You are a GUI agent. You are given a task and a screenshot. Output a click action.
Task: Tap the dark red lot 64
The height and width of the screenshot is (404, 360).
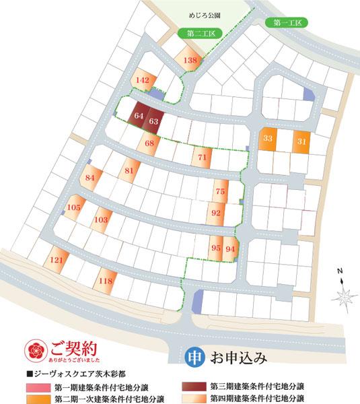pos(139,116)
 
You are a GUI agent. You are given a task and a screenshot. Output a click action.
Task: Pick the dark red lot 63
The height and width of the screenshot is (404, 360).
pos(153,121)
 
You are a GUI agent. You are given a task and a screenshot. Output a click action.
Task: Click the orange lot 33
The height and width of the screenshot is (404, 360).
pos(268,139)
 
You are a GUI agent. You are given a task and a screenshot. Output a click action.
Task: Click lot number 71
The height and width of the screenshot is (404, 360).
pos(202,158)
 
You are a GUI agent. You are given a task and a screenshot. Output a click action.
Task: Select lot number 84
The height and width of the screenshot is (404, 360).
pos(91,178)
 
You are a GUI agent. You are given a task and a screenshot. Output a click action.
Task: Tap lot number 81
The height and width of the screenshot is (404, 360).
pos(129,171)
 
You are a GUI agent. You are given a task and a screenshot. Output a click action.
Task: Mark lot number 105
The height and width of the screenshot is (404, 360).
pos(74,207)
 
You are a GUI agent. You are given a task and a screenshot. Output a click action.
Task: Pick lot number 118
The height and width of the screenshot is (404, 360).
pos(105,281)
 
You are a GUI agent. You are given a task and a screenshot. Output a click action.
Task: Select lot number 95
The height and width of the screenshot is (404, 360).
pos(216,248)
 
